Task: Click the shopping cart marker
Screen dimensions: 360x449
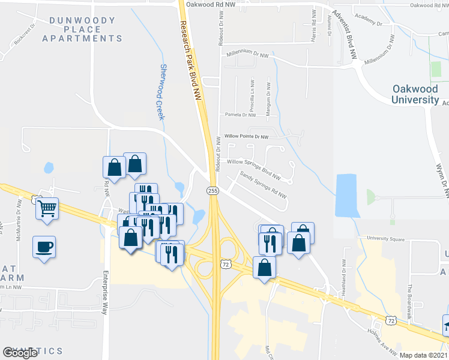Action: point(47,209)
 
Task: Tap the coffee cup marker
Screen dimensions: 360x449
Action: point(44,247)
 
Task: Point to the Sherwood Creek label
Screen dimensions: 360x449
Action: point(160,92)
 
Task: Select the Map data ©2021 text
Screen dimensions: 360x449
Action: point(424,355)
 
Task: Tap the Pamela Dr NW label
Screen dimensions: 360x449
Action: point(241,114)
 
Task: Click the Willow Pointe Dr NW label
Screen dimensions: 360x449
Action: point(246,137)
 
